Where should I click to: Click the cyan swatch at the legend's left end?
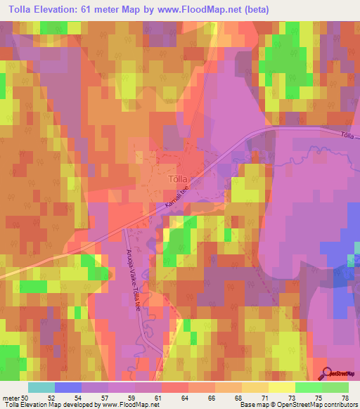point(41,387)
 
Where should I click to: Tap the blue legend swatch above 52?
point(67,387)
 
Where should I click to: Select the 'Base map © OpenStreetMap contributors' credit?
point(297,405)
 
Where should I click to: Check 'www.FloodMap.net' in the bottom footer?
point(130,405)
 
